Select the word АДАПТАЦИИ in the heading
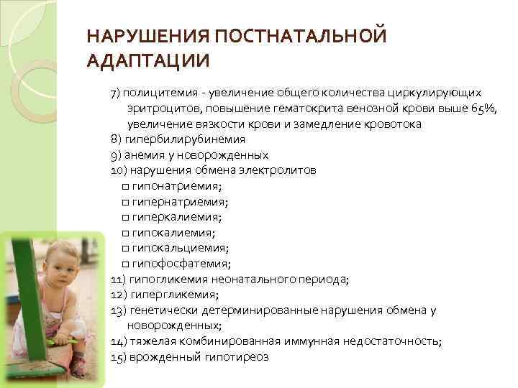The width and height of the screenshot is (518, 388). [147, 60]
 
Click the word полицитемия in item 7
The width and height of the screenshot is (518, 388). [158, 93]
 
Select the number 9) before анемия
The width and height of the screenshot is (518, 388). [117, 155]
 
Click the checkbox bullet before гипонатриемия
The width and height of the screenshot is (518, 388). [126, 186]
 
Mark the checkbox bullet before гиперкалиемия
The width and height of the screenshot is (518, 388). [126, 217]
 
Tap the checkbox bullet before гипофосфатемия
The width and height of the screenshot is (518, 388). [126, 264]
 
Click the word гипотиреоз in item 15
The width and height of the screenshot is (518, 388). [242, 357]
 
